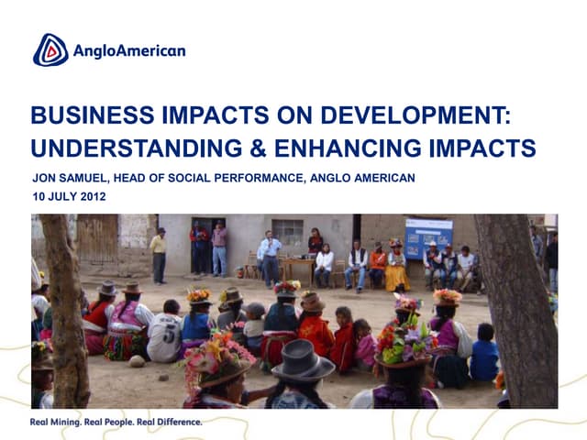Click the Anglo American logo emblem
tap(50, 49)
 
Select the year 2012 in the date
tap(93, 196)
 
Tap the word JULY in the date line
tap(63, 196)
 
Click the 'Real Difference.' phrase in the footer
tap(171, 423)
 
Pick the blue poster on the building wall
tap(428, 236)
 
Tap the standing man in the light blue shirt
tap(269, 256)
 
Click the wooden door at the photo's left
tap(96, 240)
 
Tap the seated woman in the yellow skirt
tap(396, 267)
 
